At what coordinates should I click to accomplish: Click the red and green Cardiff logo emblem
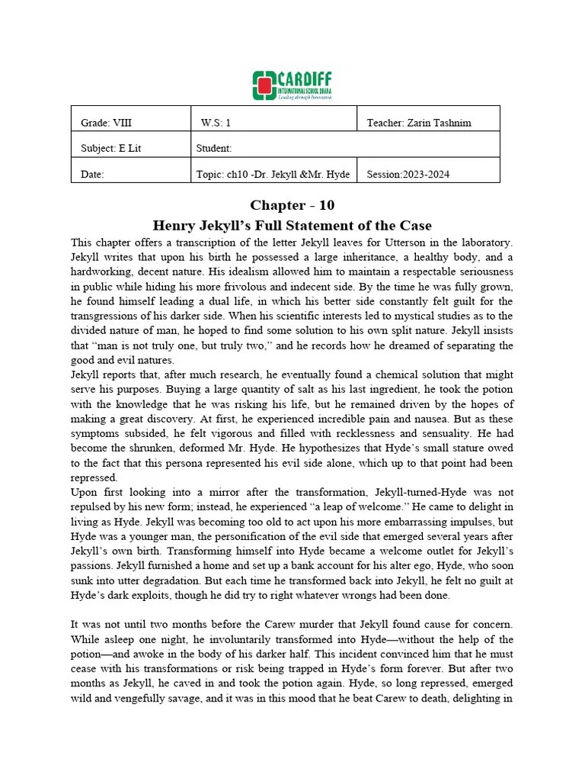264,85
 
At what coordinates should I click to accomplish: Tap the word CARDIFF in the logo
303,79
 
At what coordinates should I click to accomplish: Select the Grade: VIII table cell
106,122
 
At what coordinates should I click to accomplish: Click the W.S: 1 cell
216,122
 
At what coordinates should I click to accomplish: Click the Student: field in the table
214,148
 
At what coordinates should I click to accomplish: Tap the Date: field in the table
92,174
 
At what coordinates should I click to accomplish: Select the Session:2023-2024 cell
408,174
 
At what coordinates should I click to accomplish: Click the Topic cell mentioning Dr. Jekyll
273,174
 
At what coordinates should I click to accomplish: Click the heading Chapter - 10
292,205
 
